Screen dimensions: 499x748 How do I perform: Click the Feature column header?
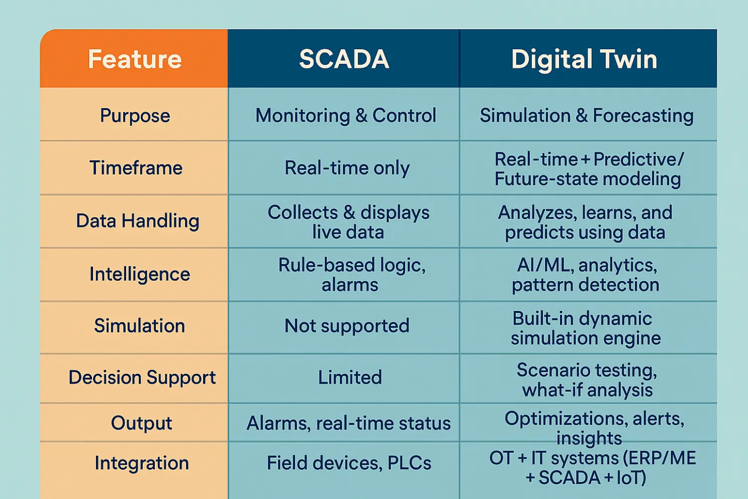pos(134,59)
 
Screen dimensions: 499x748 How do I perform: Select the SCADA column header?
pos(344,59)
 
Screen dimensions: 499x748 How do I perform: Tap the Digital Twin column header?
pos(584,59)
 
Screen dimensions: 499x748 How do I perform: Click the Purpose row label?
pos(135,116)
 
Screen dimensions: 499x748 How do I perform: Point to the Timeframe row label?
pos(136,168)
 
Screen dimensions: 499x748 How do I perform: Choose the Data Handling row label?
pos(137,221)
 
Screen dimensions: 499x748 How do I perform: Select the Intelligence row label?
pos(140,274)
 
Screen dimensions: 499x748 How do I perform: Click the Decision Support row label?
pos(142,377)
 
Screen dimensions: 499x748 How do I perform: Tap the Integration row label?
pos(142,463)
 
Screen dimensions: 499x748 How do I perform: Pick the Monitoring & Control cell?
pos(345,116)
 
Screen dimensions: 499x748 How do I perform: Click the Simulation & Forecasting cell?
pos(587,116)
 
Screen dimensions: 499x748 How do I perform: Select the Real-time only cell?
pos(347,168)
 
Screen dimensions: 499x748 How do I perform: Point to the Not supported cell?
pos(347,326)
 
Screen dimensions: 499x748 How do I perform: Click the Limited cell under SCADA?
pos(350,377)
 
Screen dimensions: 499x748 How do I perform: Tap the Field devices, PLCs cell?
pos(349,463)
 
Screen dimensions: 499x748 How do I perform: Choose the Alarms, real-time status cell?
pos(348,424)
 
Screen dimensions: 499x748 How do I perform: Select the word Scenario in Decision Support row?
pos(550,370)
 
